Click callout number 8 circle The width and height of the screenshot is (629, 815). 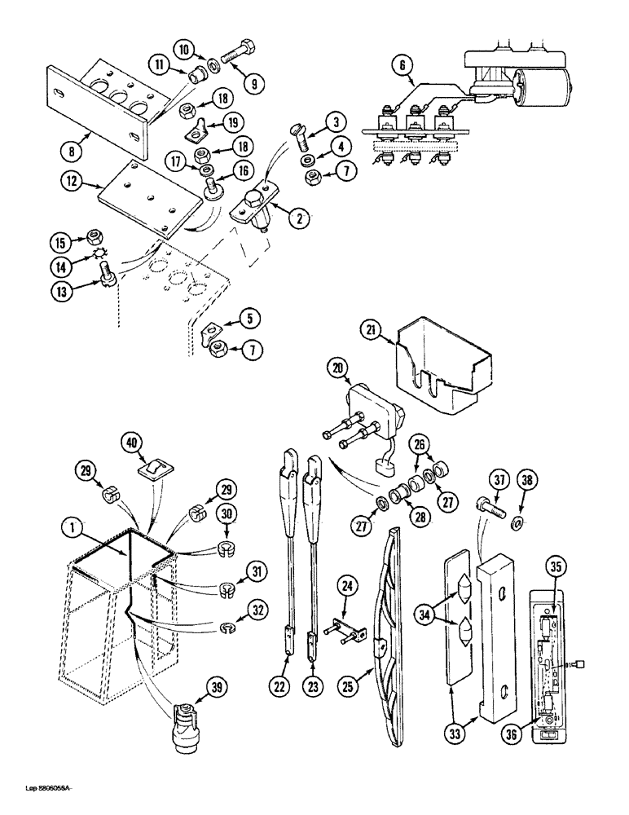[x=73, y=150]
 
